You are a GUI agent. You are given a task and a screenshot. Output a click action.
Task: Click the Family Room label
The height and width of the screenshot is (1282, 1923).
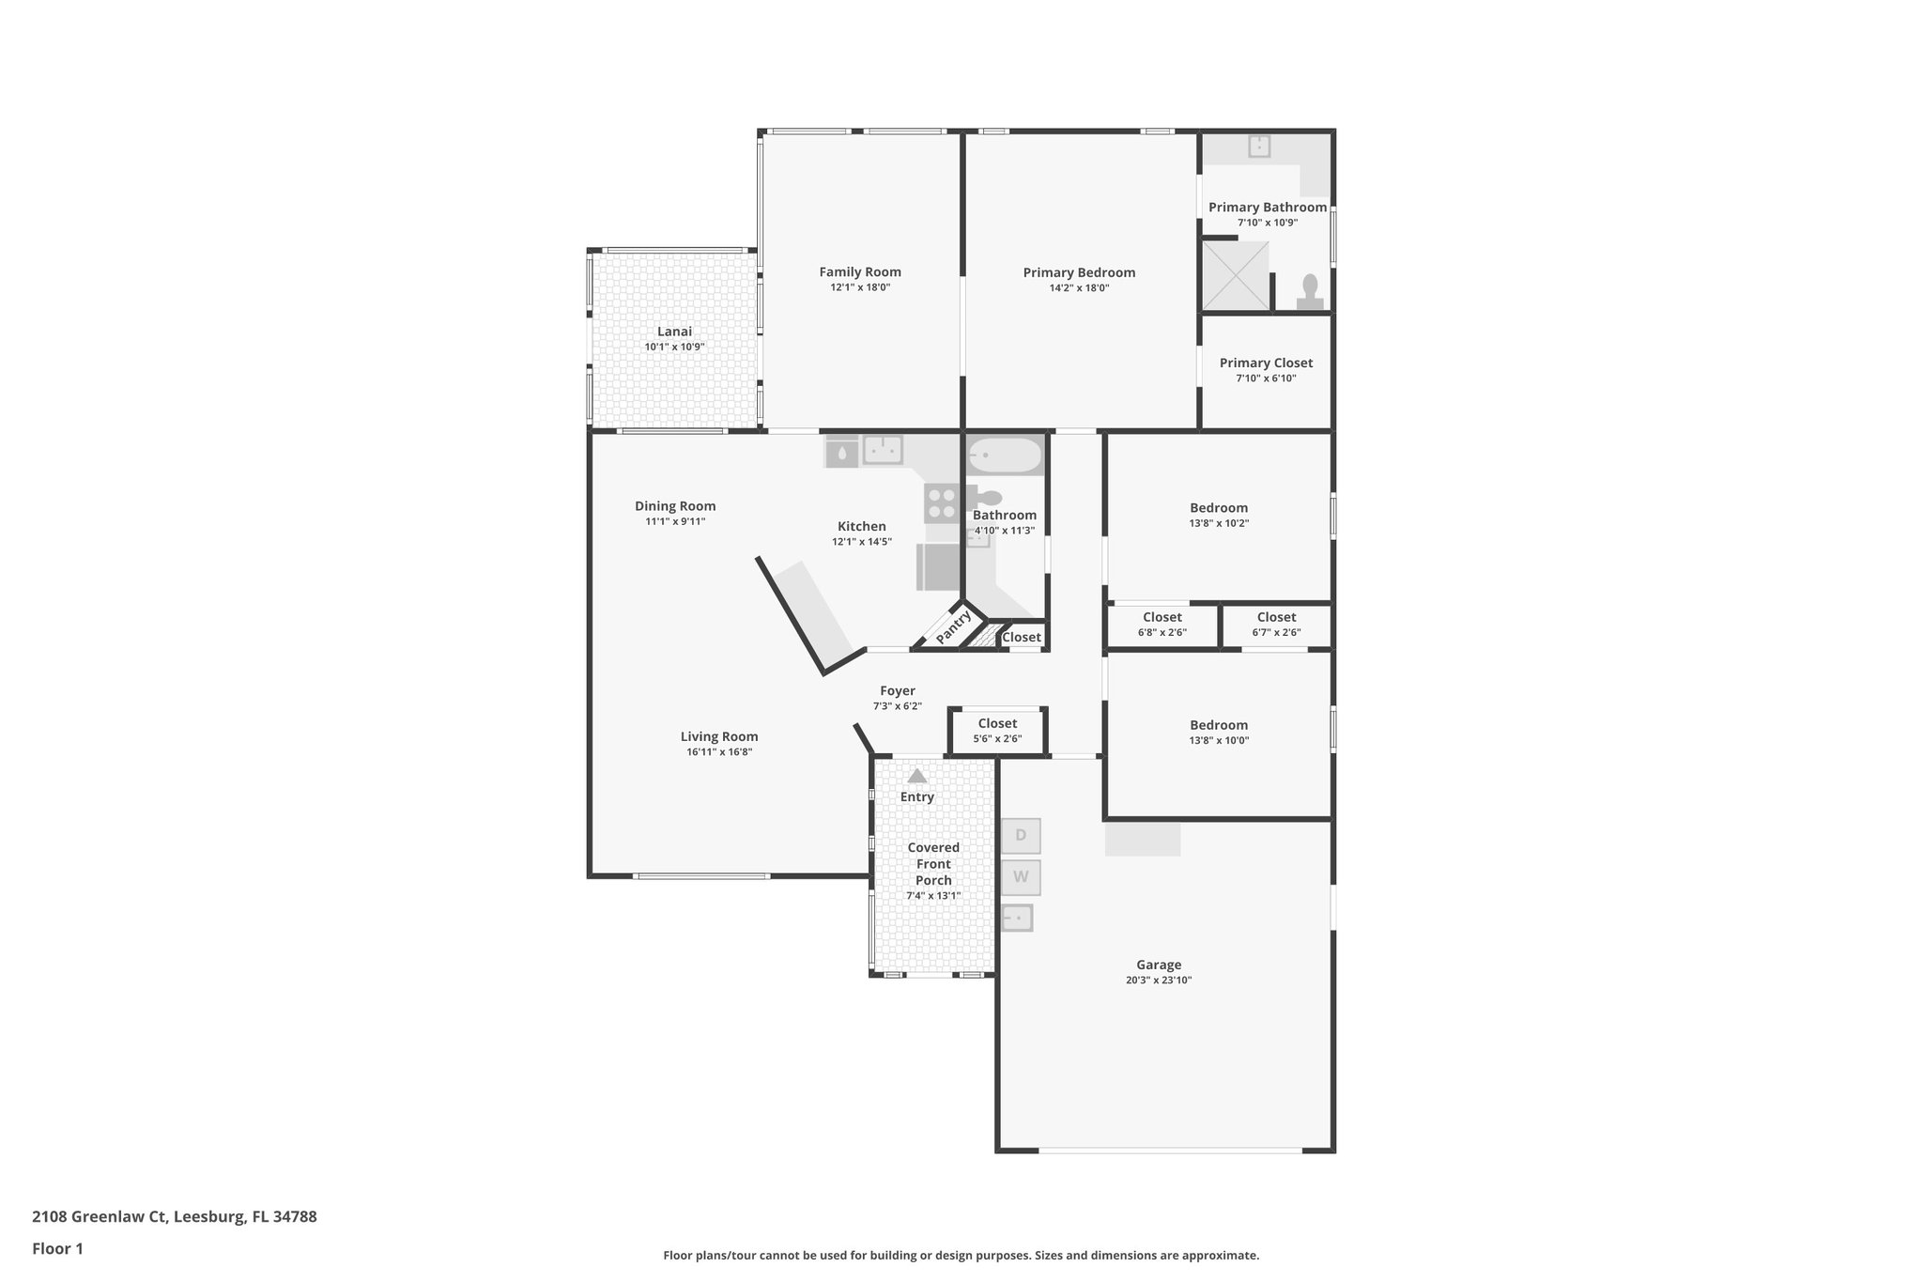pos(859,272)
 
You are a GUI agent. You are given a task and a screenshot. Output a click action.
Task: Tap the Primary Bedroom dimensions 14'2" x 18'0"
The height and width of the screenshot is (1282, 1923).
pos(1079,288)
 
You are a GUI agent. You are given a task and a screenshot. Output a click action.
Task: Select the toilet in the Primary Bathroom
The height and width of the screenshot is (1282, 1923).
pos(1310,290)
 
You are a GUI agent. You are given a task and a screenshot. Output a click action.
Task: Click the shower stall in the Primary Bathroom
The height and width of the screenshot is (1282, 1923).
pos(1236,275)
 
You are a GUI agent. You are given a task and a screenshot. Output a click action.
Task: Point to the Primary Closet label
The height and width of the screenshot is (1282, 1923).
pos(1266,363)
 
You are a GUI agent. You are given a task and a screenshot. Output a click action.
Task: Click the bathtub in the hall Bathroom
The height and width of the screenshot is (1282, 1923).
pos(1005,456)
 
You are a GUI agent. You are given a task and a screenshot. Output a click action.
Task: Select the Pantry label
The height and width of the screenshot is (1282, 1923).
pos(953,626)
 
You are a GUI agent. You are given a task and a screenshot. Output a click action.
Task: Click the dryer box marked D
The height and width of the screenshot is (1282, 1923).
pos(1021,835)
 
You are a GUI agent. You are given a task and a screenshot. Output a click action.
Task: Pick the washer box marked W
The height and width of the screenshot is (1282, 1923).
pos(1021,877)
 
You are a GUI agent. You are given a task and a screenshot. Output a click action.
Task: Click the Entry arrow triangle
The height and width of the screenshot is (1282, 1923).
pos(917,776)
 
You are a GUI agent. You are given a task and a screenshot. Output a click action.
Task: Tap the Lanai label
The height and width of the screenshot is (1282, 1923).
pos(674,332)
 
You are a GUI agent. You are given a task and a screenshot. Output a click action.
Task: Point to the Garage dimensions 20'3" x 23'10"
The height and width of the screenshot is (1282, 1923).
pos(1158,980)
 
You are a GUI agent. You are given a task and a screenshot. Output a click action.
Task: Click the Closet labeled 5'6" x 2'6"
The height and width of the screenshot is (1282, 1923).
pos(997,731)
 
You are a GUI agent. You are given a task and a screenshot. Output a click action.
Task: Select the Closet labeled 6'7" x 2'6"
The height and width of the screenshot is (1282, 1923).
pos(1276,625)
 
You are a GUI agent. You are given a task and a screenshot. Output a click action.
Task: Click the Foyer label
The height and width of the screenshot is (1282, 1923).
pos(897,691)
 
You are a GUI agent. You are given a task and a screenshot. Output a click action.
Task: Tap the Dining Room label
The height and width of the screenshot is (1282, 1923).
pos(675,506)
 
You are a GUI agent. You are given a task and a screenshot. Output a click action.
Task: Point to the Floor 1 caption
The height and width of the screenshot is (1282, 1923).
pos(57,1248)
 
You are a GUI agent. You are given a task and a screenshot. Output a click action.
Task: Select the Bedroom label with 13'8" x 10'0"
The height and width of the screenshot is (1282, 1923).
pos(1219,725)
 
